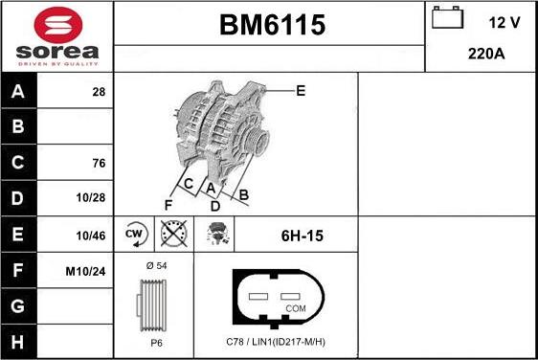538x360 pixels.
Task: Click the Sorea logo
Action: point(56,35)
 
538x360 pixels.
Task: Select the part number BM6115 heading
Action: point(269,26)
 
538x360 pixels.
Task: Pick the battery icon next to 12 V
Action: point(447,19)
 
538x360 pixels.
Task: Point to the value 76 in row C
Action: point(98,163)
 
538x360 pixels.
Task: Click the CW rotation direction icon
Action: point(134,234)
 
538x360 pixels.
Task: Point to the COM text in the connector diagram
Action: point(297,308)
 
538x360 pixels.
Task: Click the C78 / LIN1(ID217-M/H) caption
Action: point(276,343)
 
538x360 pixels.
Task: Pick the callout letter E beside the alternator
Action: point(300,91)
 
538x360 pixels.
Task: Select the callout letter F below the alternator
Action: point(168,204)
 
